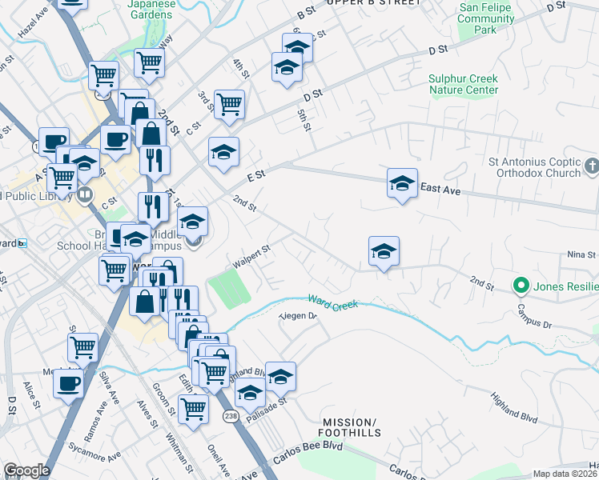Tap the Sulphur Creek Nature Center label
[463, 84]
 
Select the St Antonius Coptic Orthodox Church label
[534, 167]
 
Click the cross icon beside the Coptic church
[592, 166]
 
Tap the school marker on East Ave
[402, 184]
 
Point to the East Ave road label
[440, 188]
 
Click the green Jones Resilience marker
[521, 285]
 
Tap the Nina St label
[581, 254]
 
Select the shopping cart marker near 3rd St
[229, 105]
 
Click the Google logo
[26, 470]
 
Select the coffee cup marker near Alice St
[68, 382]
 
